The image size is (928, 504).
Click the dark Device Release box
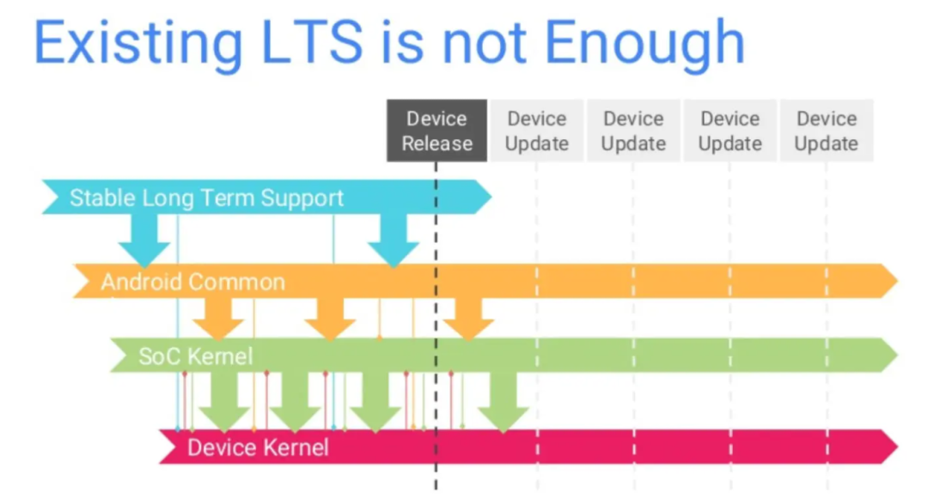coord(437,131)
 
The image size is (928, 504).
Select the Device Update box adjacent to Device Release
coord(536,131)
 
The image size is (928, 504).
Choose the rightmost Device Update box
coord(826,131)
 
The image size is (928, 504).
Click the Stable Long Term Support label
coord(206,198)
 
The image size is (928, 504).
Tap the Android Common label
coord(192,282)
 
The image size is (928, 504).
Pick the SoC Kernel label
coord(196,355)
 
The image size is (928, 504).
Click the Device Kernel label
coord(258,447)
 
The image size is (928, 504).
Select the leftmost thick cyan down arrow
coord(143,241)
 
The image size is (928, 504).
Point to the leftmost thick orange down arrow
coord(217,319)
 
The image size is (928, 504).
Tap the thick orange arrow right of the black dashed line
coord(468,319)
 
